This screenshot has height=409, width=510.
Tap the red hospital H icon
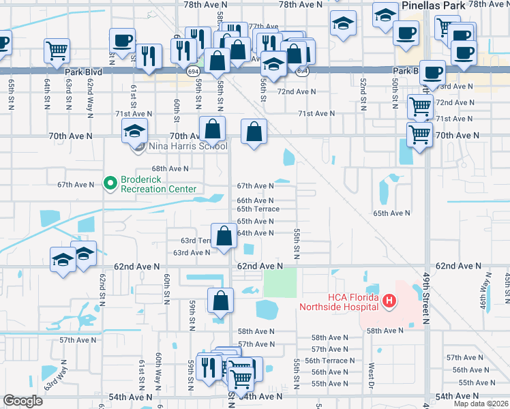click(x=389, y=300)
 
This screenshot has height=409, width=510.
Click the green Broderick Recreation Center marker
click(x=109, y=183)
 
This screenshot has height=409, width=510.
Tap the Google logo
click(x=22, y=401)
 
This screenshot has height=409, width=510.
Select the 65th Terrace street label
click(x=258, y=209)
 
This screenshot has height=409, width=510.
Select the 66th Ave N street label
click(x=255, y=200)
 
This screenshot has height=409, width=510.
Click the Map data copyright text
click(x=481, y=404)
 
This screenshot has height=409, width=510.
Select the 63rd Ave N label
click(x=192, y=252)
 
